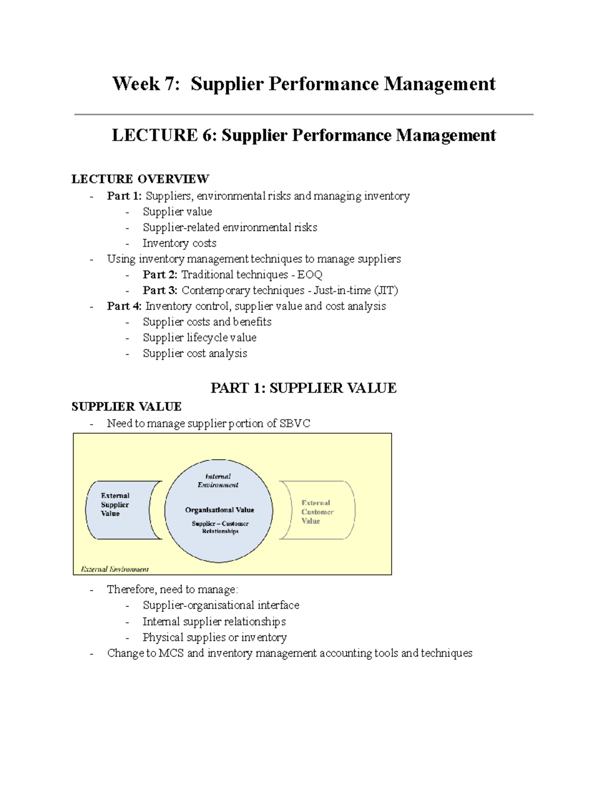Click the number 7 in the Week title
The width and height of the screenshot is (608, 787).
coord(168,84)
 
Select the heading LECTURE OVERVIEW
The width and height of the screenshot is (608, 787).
coord(140,179)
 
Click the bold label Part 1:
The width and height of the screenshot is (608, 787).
coord(124,196)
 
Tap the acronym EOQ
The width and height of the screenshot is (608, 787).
coord(310,275)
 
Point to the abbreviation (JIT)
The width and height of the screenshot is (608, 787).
coord(386,290)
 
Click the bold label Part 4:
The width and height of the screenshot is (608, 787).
coord(124,306)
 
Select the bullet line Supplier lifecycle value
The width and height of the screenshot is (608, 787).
coord(199,338)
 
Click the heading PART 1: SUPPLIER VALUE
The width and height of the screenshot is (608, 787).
coord(303,388)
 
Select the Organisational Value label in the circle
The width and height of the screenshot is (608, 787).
coord(219,510)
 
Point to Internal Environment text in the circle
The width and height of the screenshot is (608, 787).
coord(218,480)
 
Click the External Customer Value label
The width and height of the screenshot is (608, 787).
coord(317,512)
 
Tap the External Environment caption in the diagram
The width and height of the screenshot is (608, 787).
coord(115,569)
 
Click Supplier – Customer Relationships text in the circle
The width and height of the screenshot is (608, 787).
coord(220,527)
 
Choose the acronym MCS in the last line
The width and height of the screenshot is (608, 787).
coord(171,653)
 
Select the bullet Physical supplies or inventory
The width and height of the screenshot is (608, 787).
coord(214,638)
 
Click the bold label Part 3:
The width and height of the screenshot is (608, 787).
coord(160,290)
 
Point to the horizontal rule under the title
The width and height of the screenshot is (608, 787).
coord(303,115)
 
